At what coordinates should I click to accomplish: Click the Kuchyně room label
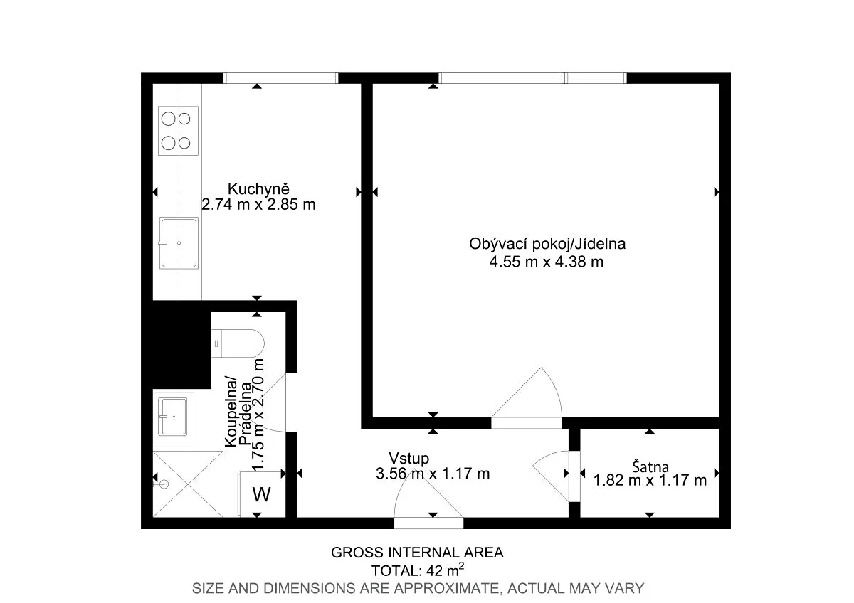(x=258, y=189)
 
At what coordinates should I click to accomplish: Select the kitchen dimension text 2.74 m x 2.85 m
(x=258, y=205)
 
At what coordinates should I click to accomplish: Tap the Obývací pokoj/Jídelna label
(x=547, y=244)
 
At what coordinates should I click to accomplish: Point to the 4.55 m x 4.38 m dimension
(x=547, y=262)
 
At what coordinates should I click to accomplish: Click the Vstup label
(x=408, y=458)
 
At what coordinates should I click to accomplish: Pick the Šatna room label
(x=650, y=466)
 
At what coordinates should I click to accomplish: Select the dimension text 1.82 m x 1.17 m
(x=650, y=481)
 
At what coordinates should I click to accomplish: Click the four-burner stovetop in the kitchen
(x=178, y=131)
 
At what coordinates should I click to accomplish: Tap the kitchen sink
(x=179, y=243)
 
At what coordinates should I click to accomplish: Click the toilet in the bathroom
(x=238, y=343)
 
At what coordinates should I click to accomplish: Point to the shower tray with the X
(x=188, y=484)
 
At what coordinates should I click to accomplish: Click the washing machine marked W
(x=262, y=494)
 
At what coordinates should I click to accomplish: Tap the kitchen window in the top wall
(x=280, y=78)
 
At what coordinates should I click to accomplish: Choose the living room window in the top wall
(x=532, y=78)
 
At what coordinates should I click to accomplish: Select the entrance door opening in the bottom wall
(x=428, y=523)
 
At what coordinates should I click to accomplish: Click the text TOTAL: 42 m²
(x=418, y=570)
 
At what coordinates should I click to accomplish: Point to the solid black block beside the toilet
(x=181, y=345)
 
